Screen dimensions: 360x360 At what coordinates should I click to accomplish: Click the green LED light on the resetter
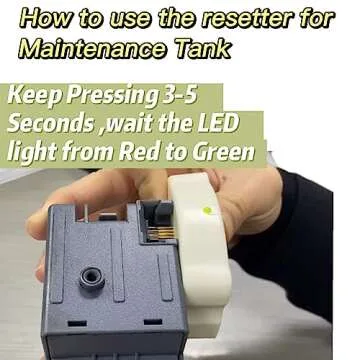tap(207, 210)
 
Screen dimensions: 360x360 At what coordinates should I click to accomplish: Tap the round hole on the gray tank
tap(92, 277)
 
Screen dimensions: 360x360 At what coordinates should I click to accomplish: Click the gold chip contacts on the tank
tap(161, 234)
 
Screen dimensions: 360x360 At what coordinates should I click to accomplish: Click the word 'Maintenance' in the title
tap(92, 49)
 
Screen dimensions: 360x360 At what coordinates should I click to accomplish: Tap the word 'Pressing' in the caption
tap(111, 97)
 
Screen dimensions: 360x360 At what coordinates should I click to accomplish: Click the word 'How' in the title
tap(43, 20)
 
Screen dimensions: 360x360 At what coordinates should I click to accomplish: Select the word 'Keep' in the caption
tap(35, 97)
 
